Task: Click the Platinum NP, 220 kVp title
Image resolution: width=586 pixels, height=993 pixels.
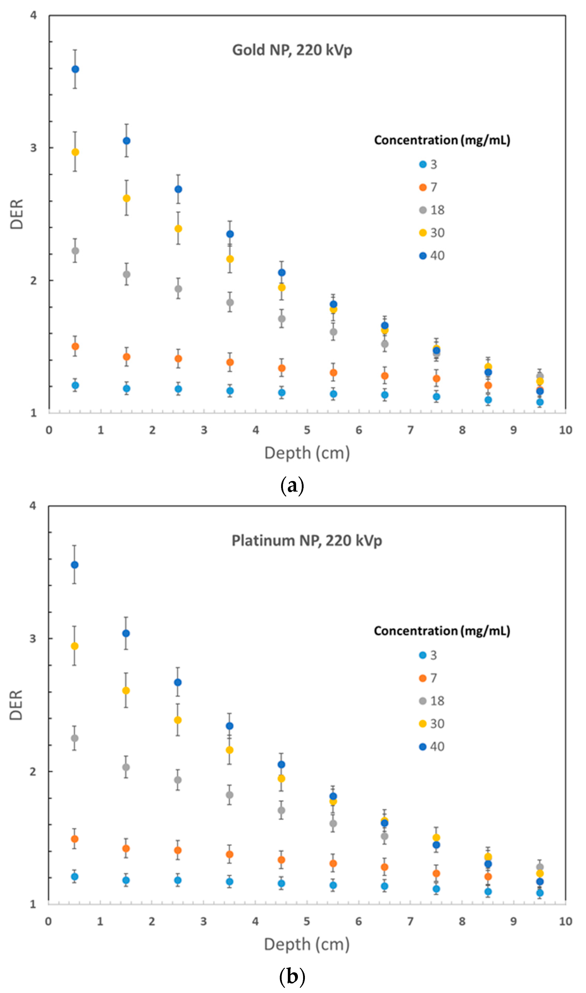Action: pyautogui.click(x=306, y=541)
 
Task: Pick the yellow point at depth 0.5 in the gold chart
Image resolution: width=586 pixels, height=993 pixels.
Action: pyautogui.click(x=75, y=152)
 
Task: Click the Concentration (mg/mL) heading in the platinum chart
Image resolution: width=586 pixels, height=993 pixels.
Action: pyautogui.click(x=442, y=631)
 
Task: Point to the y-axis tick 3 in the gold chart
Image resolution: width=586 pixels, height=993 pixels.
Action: pyautogui.click(x=34, y=148)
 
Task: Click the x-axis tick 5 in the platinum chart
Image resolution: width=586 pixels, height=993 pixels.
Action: pyautogui.click(x=306, y=922)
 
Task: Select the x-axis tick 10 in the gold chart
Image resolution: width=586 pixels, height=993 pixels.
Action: pyautogui.click(x=565, y=430)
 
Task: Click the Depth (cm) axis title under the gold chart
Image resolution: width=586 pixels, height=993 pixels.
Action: pyautogui.click(x=307, y=453)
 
